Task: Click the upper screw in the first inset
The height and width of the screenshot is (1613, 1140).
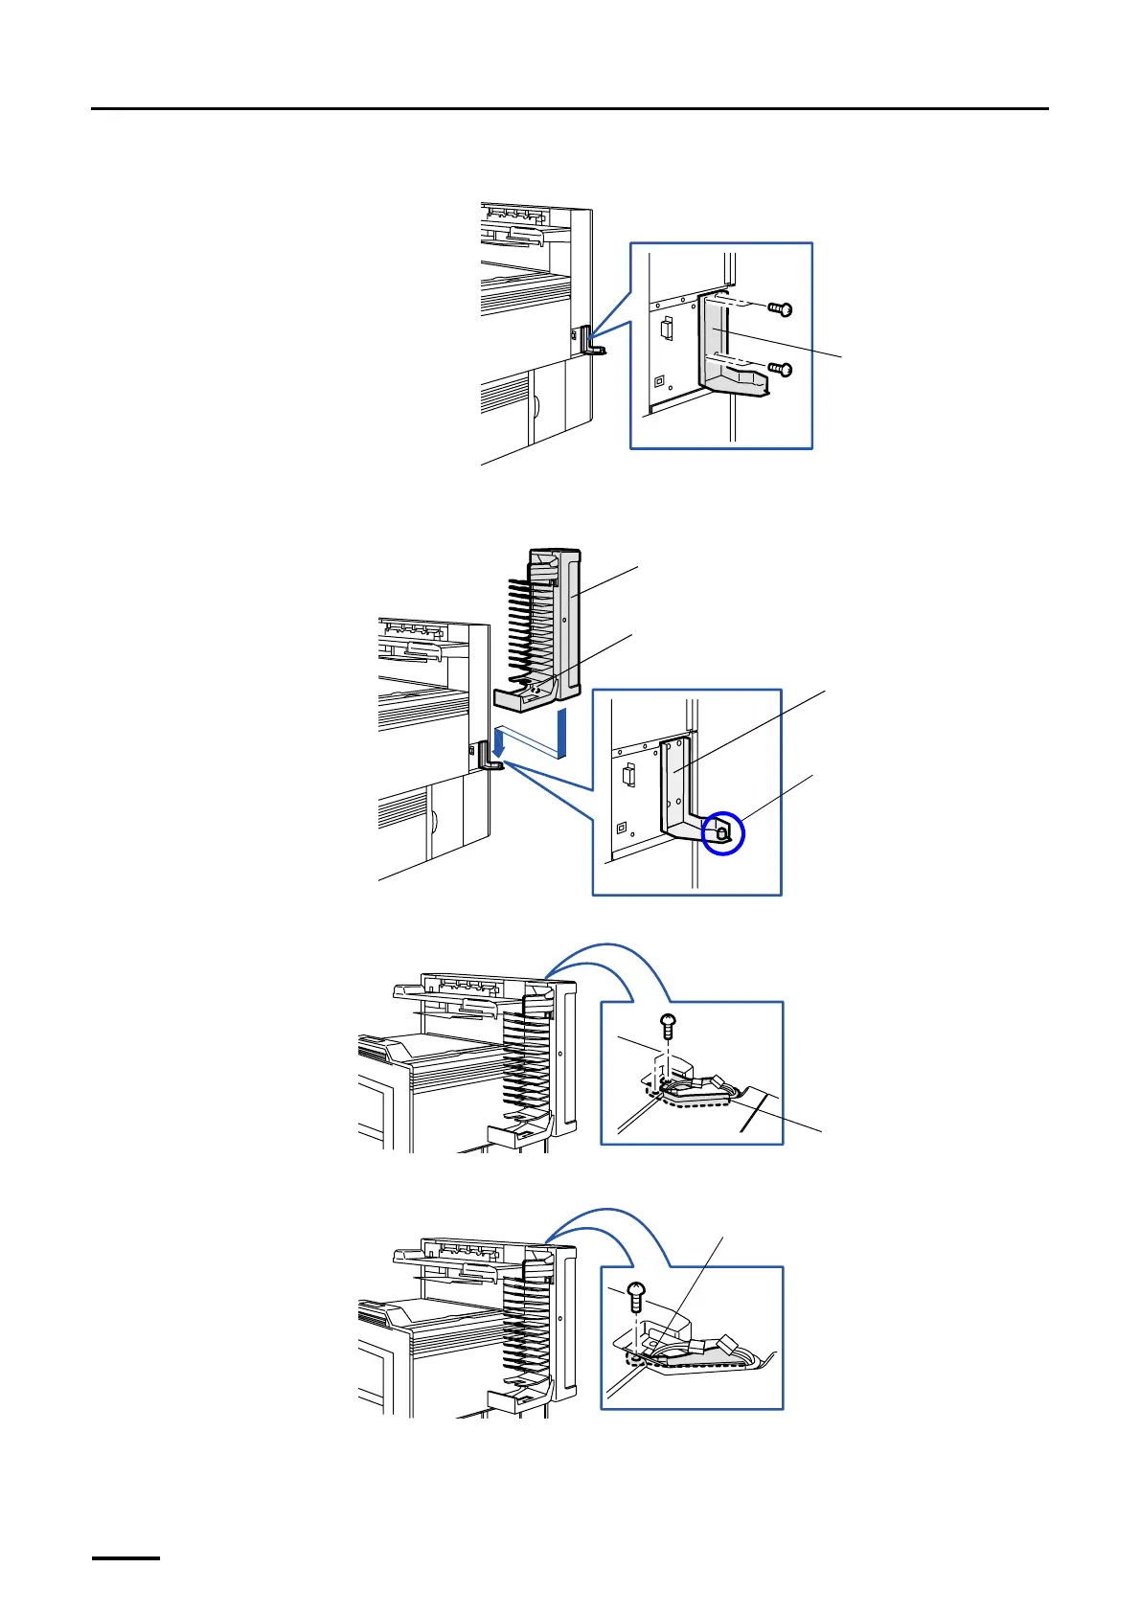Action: point(782,309)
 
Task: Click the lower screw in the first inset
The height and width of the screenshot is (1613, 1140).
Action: point(782,369)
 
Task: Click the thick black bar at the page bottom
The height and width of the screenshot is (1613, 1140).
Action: point(125,1558)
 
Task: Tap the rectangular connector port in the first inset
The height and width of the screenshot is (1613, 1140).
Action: point(668,329)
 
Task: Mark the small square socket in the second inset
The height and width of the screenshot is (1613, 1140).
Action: point(621,826)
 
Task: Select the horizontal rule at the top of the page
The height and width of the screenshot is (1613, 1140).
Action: point(570,109)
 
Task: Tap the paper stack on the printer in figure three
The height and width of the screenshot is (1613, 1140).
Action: point(450,1049)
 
